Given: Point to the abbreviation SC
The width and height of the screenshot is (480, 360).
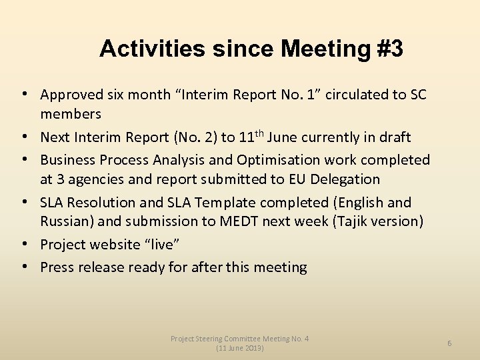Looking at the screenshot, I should click(x=417, y=95).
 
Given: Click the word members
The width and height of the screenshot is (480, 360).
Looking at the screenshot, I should click(x=71, y=114).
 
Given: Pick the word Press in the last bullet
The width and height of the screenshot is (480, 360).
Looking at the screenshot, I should click(x=57, y=267).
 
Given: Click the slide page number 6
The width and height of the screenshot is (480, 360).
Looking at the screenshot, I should click(x=449, y=343).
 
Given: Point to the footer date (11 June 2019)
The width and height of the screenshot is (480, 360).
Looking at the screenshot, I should click(x=240, y=349).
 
